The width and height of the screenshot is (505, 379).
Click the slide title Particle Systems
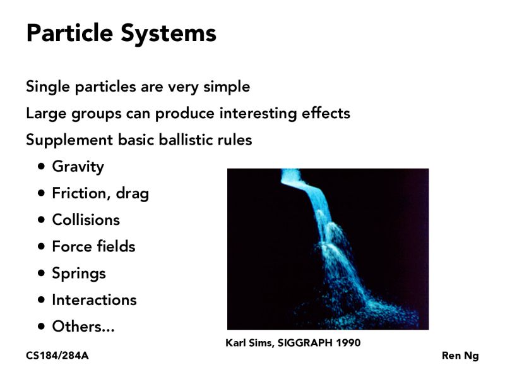(x=121, y=33)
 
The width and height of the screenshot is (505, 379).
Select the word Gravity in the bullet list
(x=78, y=167)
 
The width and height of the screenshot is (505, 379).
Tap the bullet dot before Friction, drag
(x=42, y=193)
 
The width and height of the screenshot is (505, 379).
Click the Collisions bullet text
(x=85, y=220)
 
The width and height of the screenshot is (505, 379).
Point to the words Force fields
(x=93, y=246)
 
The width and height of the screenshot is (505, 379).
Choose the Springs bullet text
(x=78, y=273)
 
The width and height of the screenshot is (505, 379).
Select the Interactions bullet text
(x=94, y=299)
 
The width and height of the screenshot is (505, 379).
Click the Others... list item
(x=83, y=327)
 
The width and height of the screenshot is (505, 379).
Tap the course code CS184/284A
(x=57, y=356)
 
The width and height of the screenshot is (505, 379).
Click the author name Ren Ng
(x=460, y=356)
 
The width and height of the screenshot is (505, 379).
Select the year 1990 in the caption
(x=347, y=343)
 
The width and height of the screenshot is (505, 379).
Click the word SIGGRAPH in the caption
(x=305, y=343)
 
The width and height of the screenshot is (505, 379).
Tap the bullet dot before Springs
(x=42, y=273)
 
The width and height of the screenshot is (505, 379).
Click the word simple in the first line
(x=227, y=87)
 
